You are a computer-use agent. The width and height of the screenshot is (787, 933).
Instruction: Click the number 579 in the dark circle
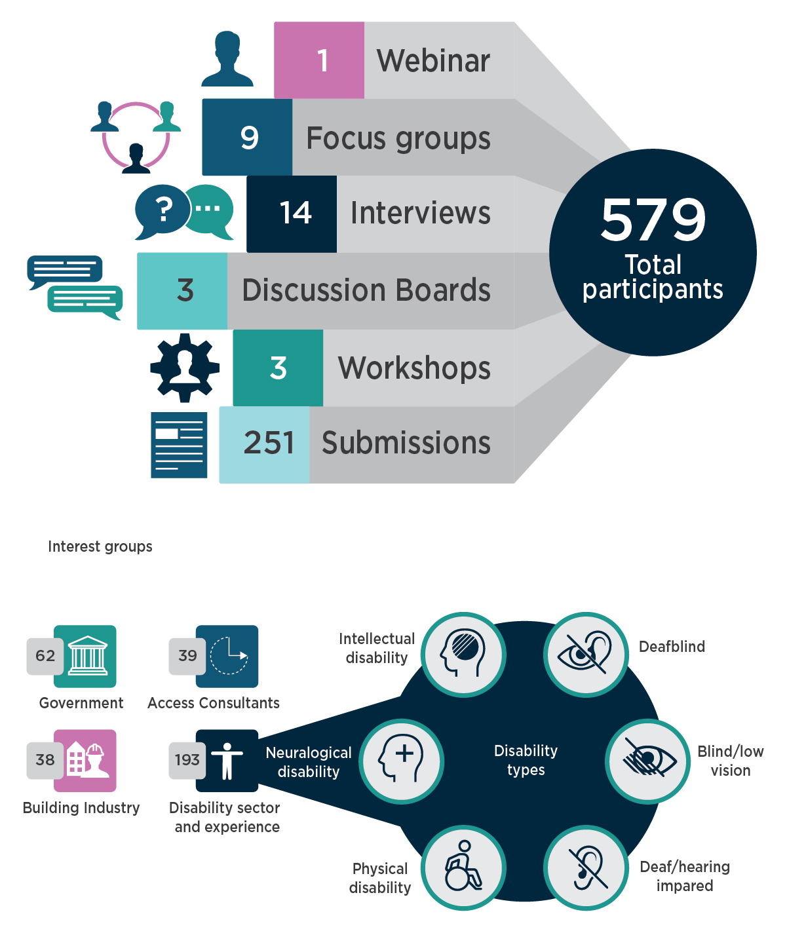pyautogui.click(x=653, y=220)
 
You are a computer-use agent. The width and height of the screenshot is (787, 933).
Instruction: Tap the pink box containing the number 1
pyautogui.click(x=319, y=60)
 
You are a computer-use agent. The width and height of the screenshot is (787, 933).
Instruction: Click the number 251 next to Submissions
pyautogui.click(x=269, y=443)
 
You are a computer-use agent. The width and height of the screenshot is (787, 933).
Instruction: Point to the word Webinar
pyautogui.click(x=433, y=61)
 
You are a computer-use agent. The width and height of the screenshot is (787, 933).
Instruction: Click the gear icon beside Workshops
pyautogui.click(x=185, y=368)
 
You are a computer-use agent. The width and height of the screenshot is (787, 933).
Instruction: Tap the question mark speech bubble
pyautogui.click(x=161, y=210)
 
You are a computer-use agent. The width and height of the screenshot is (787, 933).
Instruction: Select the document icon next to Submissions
pyautogui.click(x=179, y=445)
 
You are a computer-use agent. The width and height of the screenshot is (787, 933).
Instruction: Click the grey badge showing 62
pyautogui.click(x=45, y=656)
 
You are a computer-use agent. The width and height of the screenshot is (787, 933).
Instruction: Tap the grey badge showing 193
pyautogui.click(x=186, y=760)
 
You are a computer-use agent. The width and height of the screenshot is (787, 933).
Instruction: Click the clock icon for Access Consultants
pyautogui.click(x=228, y=656)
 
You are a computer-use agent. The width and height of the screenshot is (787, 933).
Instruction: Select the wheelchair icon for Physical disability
pyautogui.click(x=463, y=867)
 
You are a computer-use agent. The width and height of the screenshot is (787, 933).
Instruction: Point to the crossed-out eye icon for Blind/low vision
pyautogui.click(x=647, y=761)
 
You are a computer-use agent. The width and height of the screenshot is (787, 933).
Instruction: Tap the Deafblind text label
pyautogui.click(x=672, y=647)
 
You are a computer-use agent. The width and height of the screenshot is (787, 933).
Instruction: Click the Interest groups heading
pyautogui.click(x=100, y=546)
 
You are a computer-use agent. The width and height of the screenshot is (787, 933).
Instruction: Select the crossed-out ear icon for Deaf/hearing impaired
pyautogui.click(x=586, y=867)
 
